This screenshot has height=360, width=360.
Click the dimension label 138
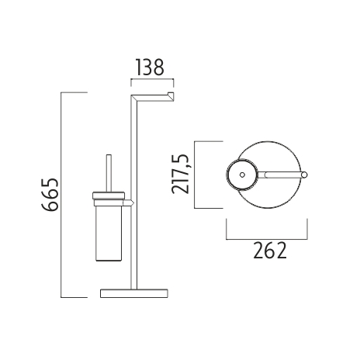(x=150, y=67)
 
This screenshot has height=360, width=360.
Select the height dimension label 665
(x=50, y=195)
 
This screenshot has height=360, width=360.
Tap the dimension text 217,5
(x=181, y=174)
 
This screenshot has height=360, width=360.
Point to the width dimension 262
(x=270, y=251)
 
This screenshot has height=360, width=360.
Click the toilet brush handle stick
(x=109, y=174)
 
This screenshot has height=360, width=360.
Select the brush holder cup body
(x=109, y=234)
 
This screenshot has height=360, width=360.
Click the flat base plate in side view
(x=134, y=293)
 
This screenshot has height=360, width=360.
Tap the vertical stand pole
(x=133, y=192)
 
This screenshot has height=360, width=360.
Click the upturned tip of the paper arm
(x=171, y=96)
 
